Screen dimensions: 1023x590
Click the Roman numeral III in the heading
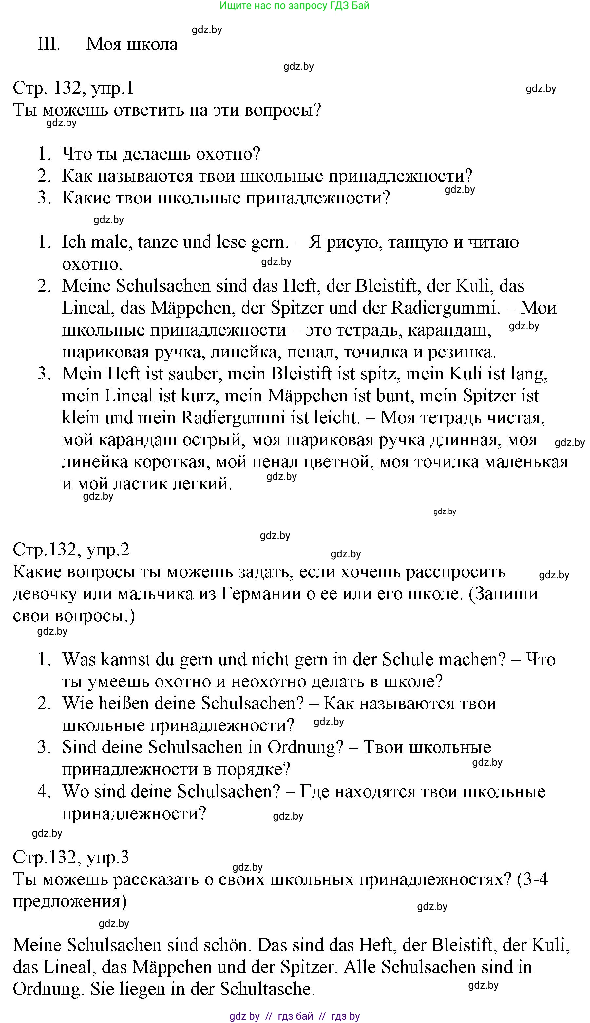[x=48, y=44]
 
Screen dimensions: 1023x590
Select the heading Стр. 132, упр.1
[x=73, y=88]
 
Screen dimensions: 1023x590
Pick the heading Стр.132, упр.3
[x=71, y=857]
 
